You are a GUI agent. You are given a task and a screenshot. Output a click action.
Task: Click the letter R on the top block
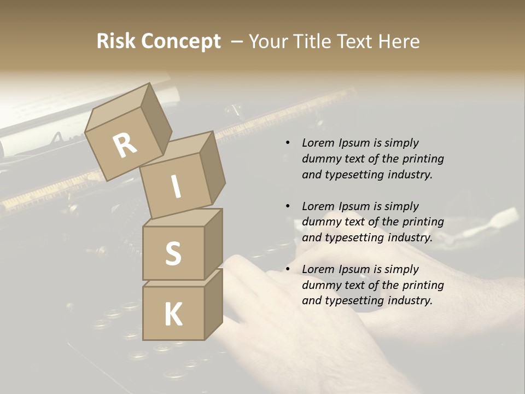[x=125, y=146]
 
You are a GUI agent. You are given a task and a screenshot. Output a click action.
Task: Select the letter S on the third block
[x=173, y=253]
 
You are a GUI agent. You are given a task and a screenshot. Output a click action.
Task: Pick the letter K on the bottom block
[x=173, y=315]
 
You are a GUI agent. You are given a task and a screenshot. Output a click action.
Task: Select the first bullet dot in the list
[x=288, y=143]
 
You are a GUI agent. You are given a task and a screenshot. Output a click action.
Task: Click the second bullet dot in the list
[x=288, y=206]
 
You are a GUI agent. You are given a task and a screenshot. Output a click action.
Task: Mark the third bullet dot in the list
[x=288, y=269]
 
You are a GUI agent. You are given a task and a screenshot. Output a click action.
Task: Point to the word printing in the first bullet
[x=423, y=159]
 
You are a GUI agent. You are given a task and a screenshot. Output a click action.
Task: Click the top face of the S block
[x=182, y=217]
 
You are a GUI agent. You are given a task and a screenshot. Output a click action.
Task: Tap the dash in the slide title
[x=237, y=42]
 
